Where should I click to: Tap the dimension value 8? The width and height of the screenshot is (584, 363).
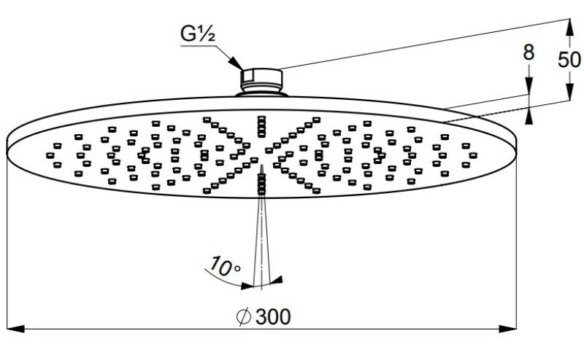point(529,52)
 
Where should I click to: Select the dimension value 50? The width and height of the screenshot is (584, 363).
point(570,59)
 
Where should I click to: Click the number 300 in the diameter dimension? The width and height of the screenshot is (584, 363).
point(272,317)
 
